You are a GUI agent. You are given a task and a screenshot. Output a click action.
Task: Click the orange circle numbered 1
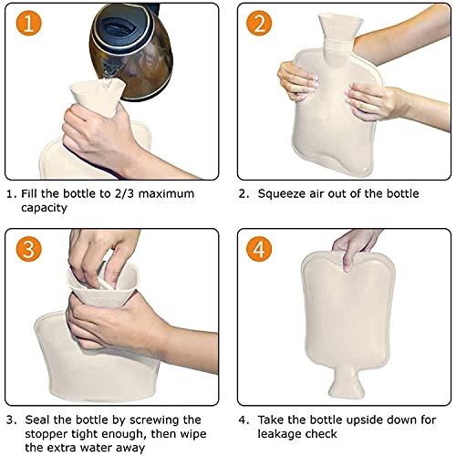click(x=28, y=23)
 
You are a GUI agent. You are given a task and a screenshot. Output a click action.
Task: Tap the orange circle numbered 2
click(x=259, y=23)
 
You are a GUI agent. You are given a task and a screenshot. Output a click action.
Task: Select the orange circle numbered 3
click(x=28, y=249)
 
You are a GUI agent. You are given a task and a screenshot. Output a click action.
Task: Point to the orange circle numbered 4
click(x=259, y=249)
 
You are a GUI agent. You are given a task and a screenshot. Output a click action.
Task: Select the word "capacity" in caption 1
click(x=44, y=208)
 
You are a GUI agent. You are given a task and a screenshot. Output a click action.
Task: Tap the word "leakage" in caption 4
click(x=280, y=434)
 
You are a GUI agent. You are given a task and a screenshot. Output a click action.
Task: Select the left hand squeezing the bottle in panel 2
click(x=298, y=80)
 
